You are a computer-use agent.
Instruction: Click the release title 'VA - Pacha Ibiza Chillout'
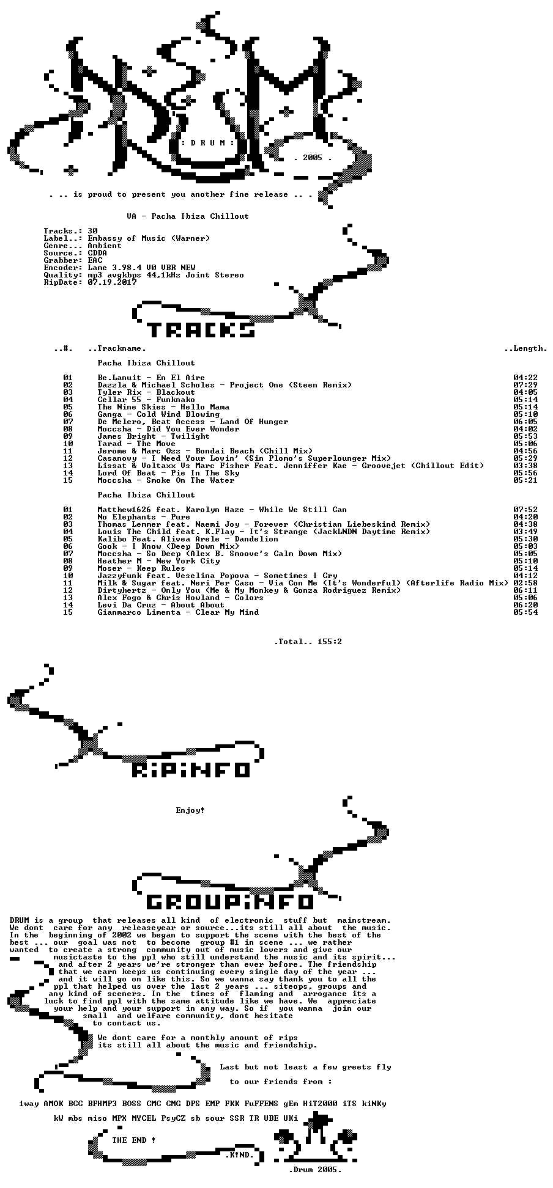click(x=188, y=216)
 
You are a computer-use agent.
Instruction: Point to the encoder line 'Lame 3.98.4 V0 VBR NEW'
click(x=141, y=268)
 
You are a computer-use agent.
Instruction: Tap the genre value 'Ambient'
click(x=105, y=246)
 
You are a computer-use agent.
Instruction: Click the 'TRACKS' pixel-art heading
click(x=201, y=330)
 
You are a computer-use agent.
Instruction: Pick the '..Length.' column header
click(x=525, y=348)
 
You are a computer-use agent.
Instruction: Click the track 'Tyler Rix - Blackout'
click(x=146, y=392)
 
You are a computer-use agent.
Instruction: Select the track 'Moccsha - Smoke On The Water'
click(x=166, y=480)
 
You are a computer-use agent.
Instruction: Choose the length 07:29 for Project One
click(x=525, y=385)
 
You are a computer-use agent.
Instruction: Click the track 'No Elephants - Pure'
click(x=144, y=517)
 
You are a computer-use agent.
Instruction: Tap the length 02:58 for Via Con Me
click(x=525, y=583)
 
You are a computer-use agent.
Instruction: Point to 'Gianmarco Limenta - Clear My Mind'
click(x=178, y=612)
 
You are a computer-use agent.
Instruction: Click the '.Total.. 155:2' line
click(x=308, y=642)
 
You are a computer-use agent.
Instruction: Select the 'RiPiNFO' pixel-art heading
click(x=191, y=769)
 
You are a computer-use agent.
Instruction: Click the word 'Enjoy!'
click(x=190, y=810)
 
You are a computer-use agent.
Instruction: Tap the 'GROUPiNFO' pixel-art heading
click(x=230, y=901)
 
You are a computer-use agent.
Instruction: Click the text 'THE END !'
click(x=134, y=1140)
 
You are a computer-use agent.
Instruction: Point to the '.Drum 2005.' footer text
click(x=315, y=1170)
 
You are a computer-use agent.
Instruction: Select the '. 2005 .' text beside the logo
click(x=313, y=158)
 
